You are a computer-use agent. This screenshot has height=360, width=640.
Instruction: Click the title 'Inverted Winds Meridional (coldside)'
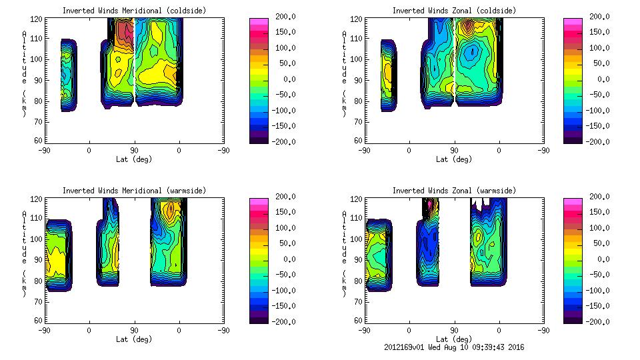(x=134, y=11)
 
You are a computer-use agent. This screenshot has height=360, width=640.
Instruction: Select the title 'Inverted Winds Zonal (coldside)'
(x=454, y=11)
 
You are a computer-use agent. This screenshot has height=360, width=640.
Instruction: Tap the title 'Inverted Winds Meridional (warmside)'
(x=134, y=191)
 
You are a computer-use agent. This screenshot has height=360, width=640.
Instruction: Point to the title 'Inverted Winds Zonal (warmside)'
(x=454, y=191)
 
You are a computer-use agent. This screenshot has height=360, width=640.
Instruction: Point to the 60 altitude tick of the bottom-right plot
(x=359, y=321)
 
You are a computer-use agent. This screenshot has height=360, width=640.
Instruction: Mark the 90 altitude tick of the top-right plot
(x=359, y=80)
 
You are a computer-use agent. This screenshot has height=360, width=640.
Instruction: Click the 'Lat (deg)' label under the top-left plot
(x=134, y=159)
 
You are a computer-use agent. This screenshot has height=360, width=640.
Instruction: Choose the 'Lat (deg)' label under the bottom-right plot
(x=454, y=339)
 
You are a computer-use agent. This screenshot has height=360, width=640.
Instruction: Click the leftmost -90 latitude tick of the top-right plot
(x=364, y=150)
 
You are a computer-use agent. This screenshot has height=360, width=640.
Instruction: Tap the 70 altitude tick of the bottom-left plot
(x=39, y=301)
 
